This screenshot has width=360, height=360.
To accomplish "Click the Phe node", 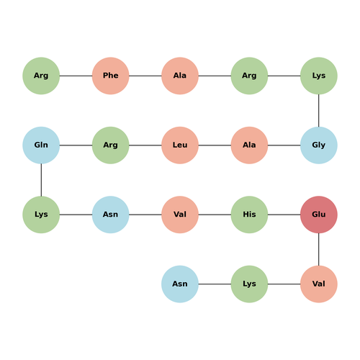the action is click(x=111, y=76).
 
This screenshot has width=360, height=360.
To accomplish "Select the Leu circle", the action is click(x=180, y=145).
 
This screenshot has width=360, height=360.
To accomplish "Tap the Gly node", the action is click(x=319, y=145).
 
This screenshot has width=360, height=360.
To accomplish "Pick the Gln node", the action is click(x=41, y=145).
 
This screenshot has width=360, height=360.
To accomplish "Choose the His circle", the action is click(x=249, y=215).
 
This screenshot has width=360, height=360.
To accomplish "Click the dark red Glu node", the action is click(x=319, y=215).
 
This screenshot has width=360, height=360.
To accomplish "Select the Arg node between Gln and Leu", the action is click(x=111, y=145).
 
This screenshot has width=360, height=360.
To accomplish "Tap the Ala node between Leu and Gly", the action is click(x=249, y=145).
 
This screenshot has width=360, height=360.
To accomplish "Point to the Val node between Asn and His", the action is click(x=180, y=215).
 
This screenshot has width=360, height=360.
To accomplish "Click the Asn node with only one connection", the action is click(x=180, y=284).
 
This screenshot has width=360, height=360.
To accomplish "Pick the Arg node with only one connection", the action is click(x=41, y=76).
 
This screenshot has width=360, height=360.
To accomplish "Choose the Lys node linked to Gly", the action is click(x=319, y=76).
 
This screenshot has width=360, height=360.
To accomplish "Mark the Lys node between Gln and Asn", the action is click(x=41, y=215).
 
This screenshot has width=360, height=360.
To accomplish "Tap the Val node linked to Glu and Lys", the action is click(x=319, y=284).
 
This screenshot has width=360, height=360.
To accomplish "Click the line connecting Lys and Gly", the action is click(x=319, y=110).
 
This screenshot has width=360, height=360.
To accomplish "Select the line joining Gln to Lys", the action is click(x=41, y=180).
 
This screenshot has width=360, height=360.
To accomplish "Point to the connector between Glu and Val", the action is click(x=319, y=249).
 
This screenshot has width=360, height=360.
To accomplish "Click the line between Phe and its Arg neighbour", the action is click(x=76, y=76).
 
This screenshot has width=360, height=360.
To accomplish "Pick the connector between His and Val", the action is click(x=215, y=215).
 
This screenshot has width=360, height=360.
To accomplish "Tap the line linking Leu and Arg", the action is click(x=145, y=145).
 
